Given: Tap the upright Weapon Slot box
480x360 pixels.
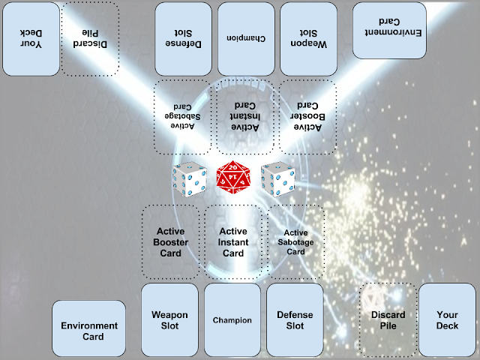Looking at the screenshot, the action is (x=169, y=319).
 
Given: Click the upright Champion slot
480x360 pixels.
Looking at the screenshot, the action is (x=232, y=319).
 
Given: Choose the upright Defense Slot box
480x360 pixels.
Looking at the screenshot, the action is (x=295, y=319).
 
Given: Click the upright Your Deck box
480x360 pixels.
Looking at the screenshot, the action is (x=446, y=319).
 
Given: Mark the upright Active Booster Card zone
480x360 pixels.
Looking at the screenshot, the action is (x=171, y=241).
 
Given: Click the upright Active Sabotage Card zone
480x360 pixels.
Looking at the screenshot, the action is (x=295, y=241).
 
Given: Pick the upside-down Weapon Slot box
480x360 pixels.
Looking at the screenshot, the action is (x=310, y=37).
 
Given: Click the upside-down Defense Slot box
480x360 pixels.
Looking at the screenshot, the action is (x=184, y=37).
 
